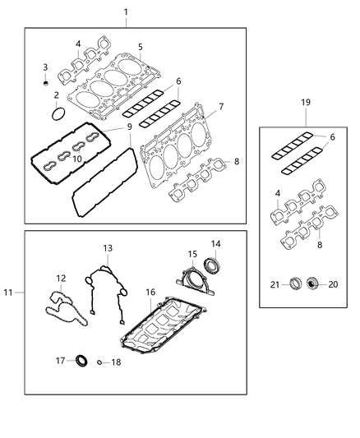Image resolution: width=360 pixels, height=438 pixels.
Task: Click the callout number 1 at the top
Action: tap(126, 12)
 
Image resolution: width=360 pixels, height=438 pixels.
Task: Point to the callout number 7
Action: tap(221, 108)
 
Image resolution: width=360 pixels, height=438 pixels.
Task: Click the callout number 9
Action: tap(130, 127)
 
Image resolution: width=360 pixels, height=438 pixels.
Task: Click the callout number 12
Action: tap(61, 279)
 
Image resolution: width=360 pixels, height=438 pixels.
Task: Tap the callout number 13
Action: tap(107, 247)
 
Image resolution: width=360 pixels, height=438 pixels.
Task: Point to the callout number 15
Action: tap(192, 254)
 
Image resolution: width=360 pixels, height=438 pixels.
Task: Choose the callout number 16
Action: tap(150, 292)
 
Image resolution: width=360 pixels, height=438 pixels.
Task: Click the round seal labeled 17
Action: tap(82, 360)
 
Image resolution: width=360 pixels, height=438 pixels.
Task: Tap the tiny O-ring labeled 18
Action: tap(99, 361)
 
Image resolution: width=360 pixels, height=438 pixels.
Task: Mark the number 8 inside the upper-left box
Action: tap(238, 162)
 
